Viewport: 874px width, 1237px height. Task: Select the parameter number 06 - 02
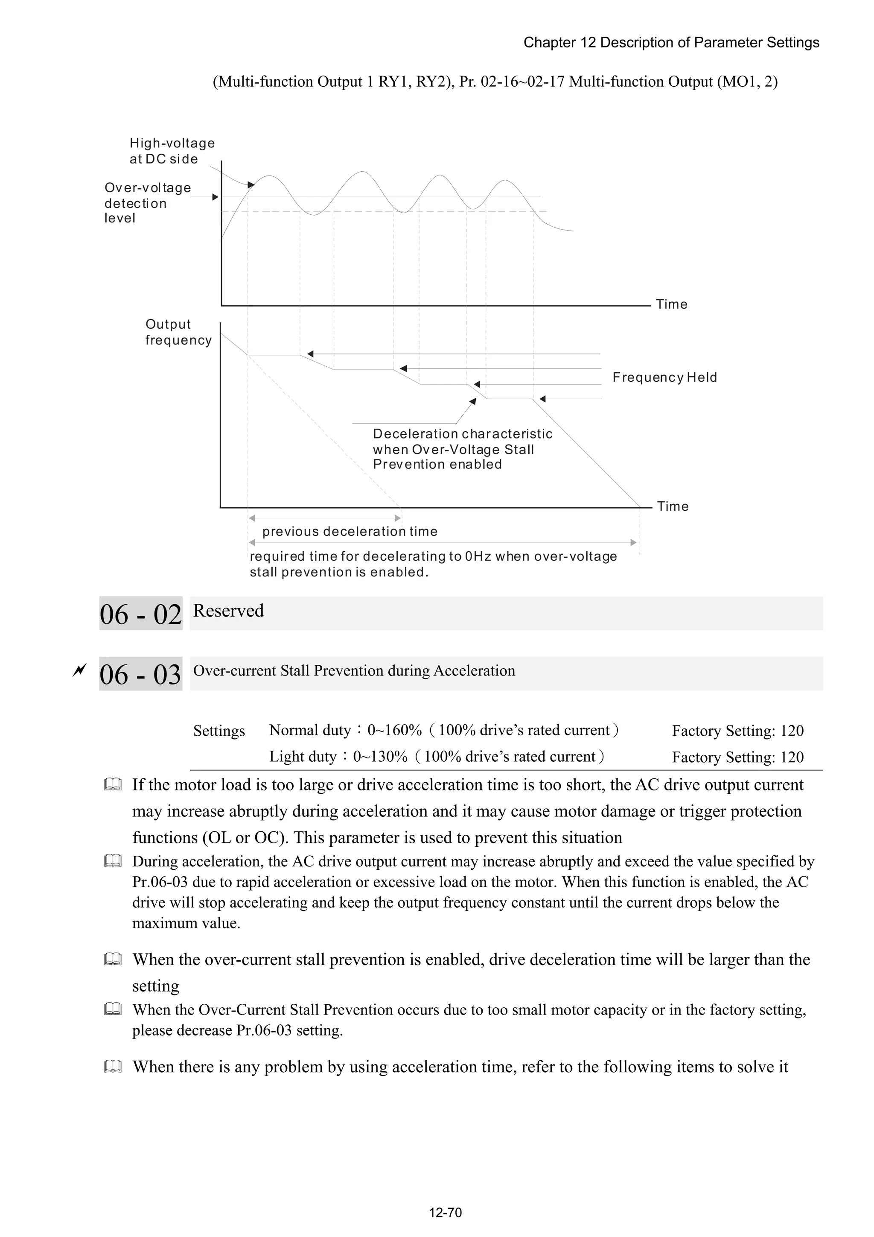point(140,614)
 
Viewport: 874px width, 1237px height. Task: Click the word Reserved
point(228,611)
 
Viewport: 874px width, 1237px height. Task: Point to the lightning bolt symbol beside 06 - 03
point(80,671)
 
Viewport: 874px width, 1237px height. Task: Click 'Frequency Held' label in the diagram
point(664,377)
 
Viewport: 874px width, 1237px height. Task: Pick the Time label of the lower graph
point(672,506)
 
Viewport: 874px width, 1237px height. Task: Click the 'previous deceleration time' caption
point(350,531)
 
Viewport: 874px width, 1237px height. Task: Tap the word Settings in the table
point(218,731)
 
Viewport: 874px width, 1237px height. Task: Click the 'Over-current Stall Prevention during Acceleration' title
point(354,671)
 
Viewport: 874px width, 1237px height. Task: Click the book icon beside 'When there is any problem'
point(113,1067)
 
